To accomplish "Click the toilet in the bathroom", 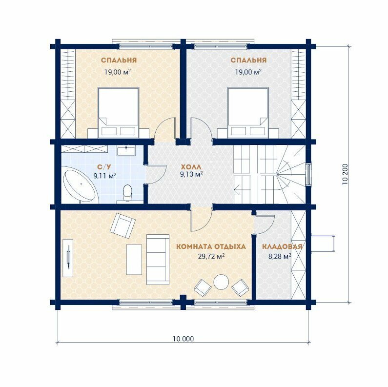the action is (x=127, y=193).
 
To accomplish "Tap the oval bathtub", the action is (x=80, y=185).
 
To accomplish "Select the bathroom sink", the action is (x=126, y=151).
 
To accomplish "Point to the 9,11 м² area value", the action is (x=105, y=176).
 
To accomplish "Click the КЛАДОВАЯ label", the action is (x=283, y=247).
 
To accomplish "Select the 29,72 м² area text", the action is (x=211, y=256).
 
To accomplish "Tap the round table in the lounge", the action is (x=221, y=283).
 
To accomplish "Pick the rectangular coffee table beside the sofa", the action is (x=134, y=259).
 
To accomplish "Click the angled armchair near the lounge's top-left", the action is (x=123, y=226).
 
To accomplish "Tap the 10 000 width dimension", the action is (x=184, y=339).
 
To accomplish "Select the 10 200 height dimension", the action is (x=345, y=174).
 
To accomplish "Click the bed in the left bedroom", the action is (x=119, y=113).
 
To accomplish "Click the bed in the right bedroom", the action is (x=248, y=113).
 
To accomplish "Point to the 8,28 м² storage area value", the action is (x=280, y=256).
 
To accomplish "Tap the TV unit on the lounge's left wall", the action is (x=68, y=258).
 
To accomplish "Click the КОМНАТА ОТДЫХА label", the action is (x=211, y=247).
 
